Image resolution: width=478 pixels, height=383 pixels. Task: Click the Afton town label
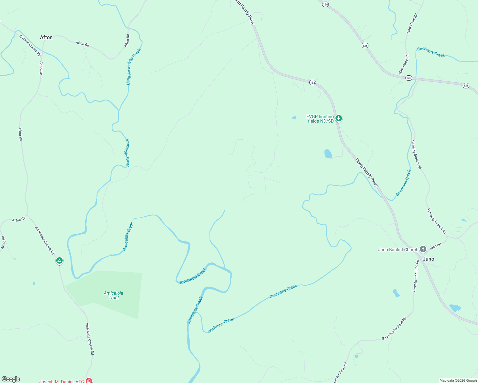click(x=46, y=37)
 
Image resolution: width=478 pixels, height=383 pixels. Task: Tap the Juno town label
click(x=428, y=259)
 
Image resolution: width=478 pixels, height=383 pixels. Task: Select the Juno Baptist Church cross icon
click(x=423, y=249)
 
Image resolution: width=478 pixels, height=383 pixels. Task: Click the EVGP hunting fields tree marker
click(x=339, y=118)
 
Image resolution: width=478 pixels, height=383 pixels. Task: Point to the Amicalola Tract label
click(x=113, y=295)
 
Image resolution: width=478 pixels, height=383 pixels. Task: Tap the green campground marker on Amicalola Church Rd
click(x=59, y=261)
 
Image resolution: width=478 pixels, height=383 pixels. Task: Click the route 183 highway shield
click(x=312, y=83)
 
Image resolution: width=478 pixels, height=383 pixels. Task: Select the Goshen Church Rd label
click(x=30, y=46)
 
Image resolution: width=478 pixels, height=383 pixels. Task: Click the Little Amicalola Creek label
click(x=133, y=66)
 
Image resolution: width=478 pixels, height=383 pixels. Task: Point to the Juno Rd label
click(x=435, y=246)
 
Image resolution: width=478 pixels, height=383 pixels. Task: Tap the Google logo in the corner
click(x=11, y=379)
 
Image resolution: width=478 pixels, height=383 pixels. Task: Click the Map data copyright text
click(x=458, y=380)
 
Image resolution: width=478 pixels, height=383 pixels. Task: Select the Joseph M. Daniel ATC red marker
click(x=89, y=381)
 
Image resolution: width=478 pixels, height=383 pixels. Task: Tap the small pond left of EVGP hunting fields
click(x=294, y=118)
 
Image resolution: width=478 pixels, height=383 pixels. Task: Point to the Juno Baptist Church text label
click(x=398, y=250)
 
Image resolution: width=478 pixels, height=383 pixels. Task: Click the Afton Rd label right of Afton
click(x=82, y=43)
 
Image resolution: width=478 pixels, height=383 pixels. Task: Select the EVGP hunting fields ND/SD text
click(x=320, y=119)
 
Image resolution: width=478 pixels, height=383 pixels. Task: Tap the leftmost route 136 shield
click(x=325, y=4)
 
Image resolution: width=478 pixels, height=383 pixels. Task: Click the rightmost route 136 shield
click(x=466, y=86)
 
